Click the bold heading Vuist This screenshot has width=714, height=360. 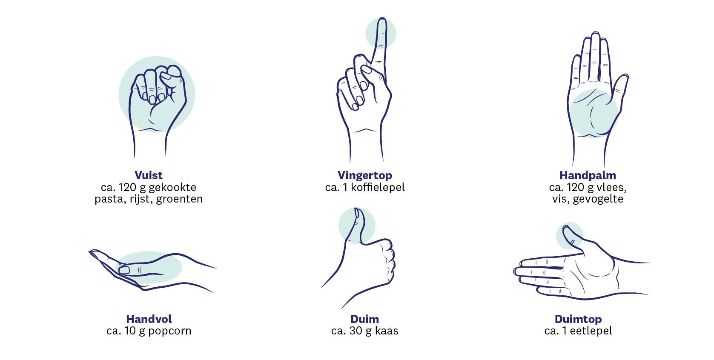[149, 175]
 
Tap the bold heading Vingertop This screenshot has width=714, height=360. [364, 176]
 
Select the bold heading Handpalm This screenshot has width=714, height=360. [588, 176]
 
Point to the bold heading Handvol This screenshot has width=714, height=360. [149, 319]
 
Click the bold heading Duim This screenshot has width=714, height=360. [364, 319]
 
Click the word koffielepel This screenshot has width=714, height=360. [378, 188]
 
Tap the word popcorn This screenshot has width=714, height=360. [169, 331]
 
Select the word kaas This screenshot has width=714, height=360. [387, 331]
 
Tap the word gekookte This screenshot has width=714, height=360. [172, 188]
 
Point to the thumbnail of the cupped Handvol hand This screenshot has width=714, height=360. [124, 271]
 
